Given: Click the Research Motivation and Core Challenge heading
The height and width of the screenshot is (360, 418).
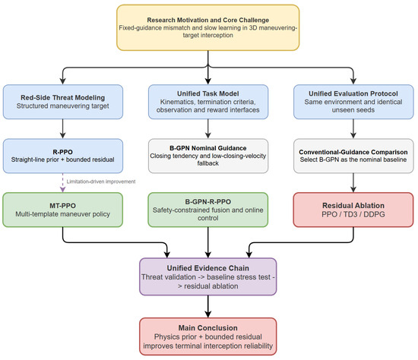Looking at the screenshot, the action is (x=208, y=20).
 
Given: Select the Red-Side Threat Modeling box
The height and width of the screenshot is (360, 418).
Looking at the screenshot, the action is (x=63, y=102).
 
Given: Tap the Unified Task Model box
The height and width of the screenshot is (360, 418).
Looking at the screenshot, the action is (x=208, y=102).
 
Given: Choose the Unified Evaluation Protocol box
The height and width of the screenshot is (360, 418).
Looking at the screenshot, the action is (x=353, y=102).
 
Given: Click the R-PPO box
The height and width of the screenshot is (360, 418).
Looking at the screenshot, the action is (x=63, y=156).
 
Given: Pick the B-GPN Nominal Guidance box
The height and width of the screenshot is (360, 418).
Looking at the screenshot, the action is (x=208, y=156).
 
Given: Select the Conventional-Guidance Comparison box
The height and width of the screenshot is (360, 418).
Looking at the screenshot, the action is (x=353, y=156).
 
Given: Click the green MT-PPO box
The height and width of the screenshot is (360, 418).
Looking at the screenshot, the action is (x=63, y=210).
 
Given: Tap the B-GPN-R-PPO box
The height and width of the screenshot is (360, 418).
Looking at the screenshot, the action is (x=208, y=210).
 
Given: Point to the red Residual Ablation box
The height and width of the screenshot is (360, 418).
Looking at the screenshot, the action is (x=353, y=210).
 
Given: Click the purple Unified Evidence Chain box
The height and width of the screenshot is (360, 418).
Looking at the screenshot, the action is (x=208, y=276).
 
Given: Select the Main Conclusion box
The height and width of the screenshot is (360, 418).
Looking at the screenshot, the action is (x=208, y=336).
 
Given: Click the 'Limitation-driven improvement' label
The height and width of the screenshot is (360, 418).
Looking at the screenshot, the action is (x=101, y=182).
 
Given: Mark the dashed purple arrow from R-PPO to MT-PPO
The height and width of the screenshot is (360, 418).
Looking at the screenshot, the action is (x=62, y=183).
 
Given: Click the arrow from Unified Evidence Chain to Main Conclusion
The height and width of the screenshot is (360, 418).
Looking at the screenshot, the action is (x=208, y=306).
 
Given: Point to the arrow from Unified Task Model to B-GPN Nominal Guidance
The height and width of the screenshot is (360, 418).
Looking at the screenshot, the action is (x=208, y=128).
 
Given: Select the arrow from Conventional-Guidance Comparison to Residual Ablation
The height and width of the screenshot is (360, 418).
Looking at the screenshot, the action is (x=353, y=183).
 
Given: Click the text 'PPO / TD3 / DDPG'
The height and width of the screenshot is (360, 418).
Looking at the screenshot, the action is (x=353, y=214).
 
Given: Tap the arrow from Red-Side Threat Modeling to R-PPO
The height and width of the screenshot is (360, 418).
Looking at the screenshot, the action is (x=62, y=128).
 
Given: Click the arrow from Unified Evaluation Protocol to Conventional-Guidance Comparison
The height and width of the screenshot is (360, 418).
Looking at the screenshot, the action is (x=353, y=128).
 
